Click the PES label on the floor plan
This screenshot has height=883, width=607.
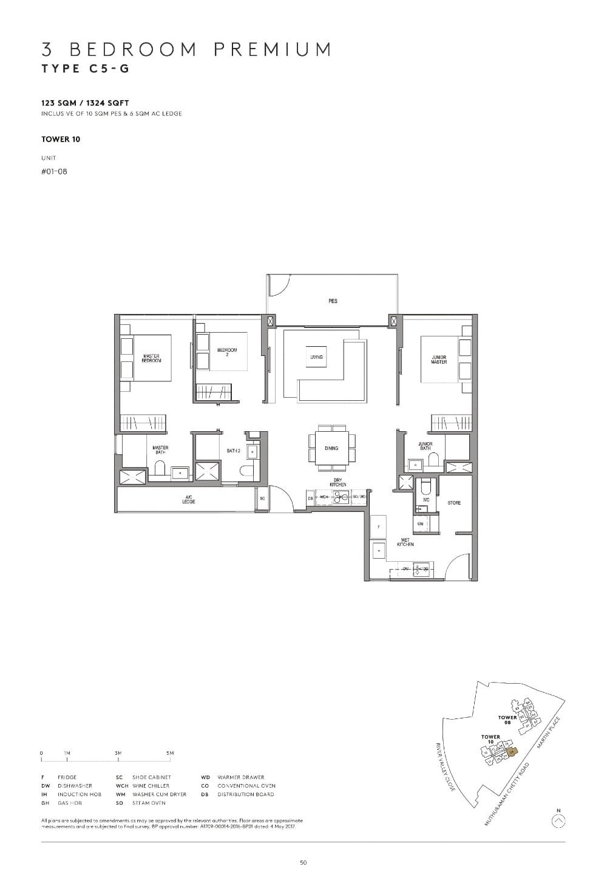pos(333,301)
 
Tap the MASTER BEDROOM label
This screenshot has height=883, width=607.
pos(152,358)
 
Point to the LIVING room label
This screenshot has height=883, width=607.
pos(316,357)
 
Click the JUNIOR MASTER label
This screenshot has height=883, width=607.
pos(439,360)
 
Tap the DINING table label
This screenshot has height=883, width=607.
pos(331,448)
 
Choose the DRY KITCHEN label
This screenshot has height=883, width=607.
pos(338,482)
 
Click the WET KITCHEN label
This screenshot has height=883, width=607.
pos(405,542)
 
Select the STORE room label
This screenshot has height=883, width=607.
pos(454,503)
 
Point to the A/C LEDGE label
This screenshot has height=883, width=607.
pos(188,500)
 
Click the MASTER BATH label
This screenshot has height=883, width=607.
pos(160,450)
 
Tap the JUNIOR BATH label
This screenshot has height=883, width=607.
pos(426,446)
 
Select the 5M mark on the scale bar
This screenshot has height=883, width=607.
pos(170,753)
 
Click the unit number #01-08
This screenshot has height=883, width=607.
pos(54,171)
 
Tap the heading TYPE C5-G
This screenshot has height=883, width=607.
pos(86,68)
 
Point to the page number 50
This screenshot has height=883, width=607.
pos(303,862)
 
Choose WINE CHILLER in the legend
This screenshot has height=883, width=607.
pos(151,786)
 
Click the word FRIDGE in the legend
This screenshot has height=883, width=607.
pos(67,777)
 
